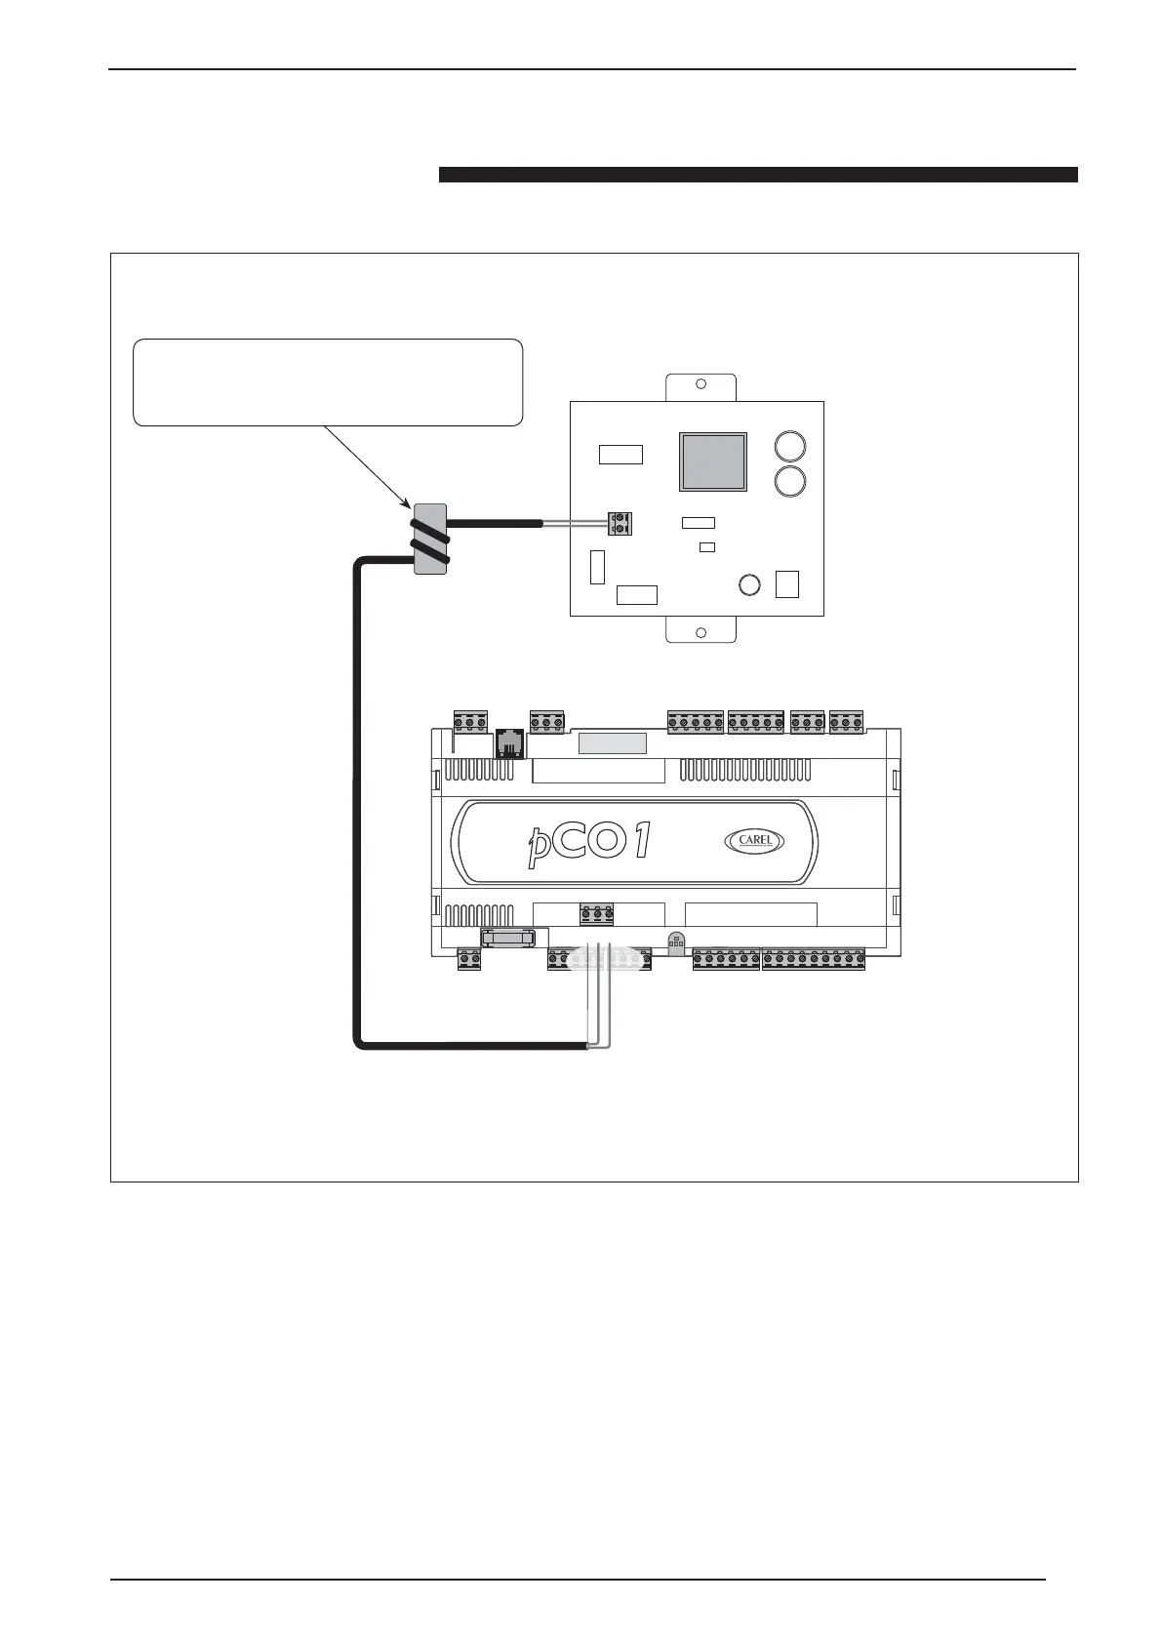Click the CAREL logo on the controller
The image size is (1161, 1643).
(754, 840)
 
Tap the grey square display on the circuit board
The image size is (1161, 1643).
(713, 461)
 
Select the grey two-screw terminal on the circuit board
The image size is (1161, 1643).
(620, 524)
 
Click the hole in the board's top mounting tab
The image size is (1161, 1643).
(701, 384)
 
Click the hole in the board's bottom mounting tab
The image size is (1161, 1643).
(701, 632)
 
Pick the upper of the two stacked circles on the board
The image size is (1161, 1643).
(790, 448)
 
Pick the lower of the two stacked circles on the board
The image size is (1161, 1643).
(790, 481)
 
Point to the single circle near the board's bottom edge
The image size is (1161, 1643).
(749, 584)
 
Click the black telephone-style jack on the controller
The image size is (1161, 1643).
(508, 743)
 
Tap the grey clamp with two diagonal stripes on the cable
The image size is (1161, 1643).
(430, 540)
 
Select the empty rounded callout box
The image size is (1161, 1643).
(328, 382)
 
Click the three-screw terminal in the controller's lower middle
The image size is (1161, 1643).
(597, 914)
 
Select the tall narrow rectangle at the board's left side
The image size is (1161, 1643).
(598, 567)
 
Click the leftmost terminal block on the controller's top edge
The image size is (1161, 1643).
(470, 722)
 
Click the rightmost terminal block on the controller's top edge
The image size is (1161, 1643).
(846, 722)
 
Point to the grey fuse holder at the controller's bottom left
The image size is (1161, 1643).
(508, 938)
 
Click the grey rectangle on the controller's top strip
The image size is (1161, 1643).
(613, 743)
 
